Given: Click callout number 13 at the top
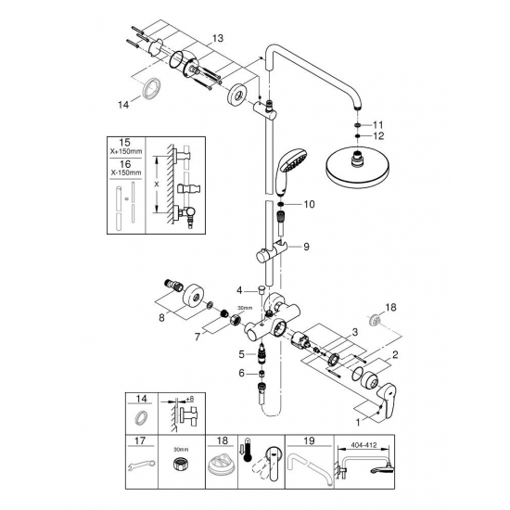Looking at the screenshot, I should click(217, 38).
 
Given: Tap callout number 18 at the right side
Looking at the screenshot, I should click(390, 305).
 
